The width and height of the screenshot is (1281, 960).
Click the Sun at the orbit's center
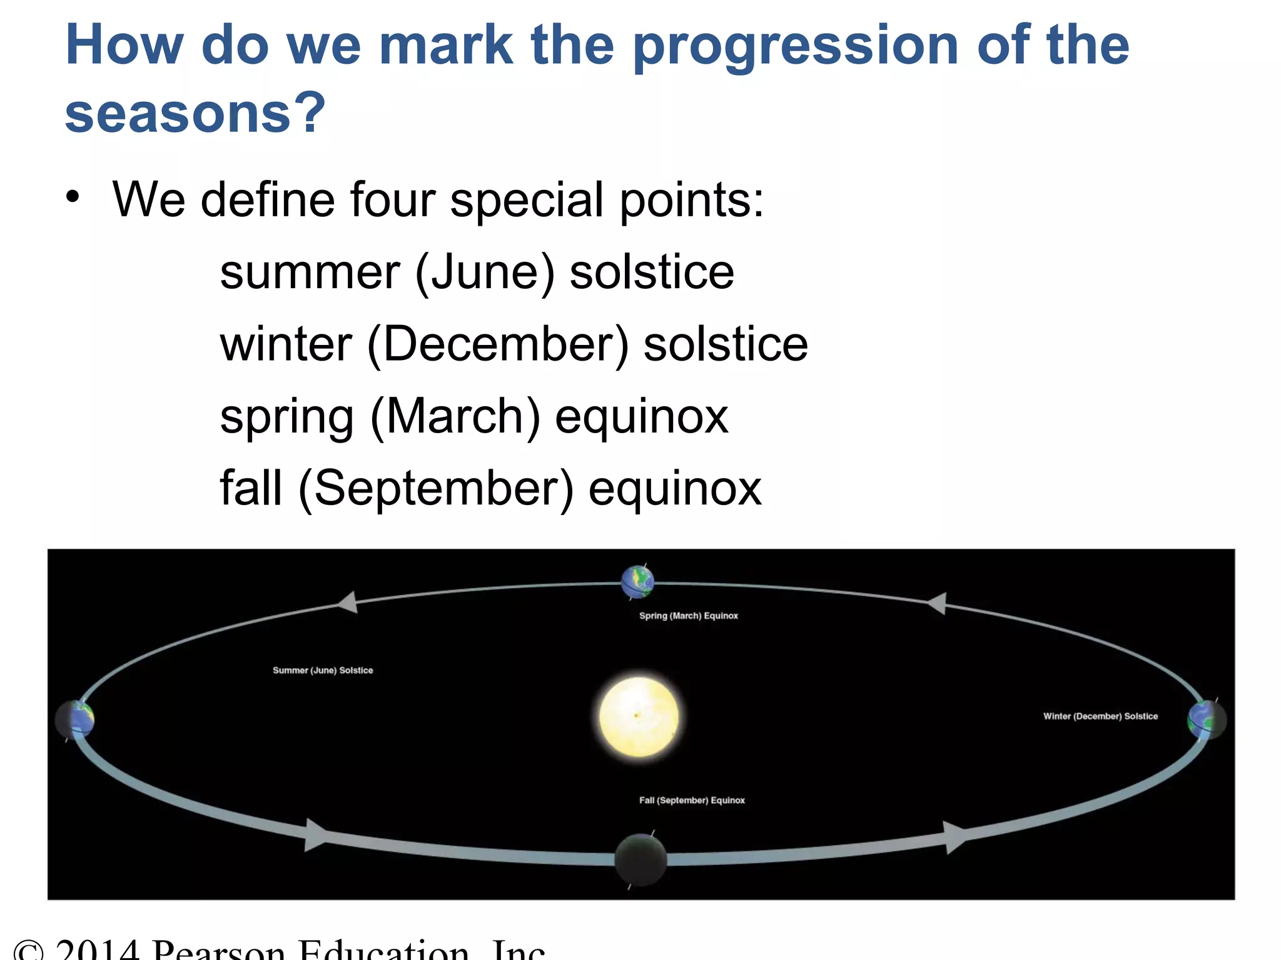tap(639, 717)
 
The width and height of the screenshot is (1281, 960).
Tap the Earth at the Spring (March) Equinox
tap(637, 581)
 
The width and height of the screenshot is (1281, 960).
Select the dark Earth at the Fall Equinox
tap(640, 860)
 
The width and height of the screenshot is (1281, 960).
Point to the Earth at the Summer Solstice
tap(75, 719)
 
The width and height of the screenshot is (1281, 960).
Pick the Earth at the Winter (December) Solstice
tap(1207, 720)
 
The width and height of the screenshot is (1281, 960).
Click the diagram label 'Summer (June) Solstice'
tap(323, 670)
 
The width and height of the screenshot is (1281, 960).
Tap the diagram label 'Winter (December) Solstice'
tap(1100, 716)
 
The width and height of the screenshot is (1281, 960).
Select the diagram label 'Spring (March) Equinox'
tap(688, 616)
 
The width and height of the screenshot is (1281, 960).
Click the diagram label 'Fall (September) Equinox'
tap(692, 800)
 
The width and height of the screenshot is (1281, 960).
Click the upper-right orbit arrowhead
tap(936, 603)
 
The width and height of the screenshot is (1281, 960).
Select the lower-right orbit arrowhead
tap(954, 837)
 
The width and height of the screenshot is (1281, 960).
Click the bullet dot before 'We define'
tap(73, 197)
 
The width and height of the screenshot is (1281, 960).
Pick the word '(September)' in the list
tap(436, 488)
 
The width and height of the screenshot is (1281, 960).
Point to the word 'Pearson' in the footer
tap(219, 949)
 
